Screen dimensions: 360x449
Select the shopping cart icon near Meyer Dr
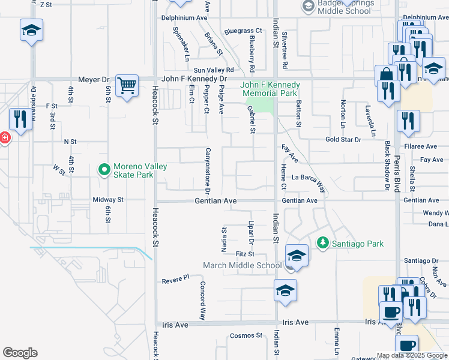(x=127, y=86)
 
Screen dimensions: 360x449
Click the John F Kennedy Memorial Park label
(x=269, y=89)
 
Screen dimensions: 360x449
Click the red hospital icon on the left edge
(x=4, y=138)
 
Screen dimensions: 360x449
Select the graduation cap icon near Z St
(x=31, y=30)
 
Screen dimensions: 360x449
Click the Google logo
(x=20, y=353)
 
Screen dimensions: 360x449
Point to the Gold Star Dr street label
(x=343, y=139)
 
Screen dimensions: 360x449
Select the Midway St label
(x=108, y=199)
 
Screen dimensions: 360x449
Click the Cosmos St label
(x=247, y=335)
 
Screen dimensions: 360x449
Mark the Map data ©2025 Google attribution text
(x=411, y=355)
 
